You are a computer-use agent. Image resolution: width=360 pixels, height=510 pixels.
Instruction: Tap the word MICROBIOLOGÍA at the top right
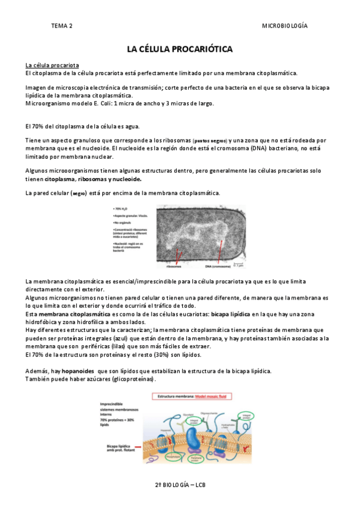(285, 26)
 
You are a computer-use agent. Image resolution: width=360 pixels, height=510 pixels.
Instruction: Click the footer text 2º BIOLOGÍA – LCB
(180, 484)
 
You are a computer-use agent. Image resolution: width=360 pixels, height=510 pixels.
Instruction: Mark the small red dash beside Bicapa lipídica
(138, 447)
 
